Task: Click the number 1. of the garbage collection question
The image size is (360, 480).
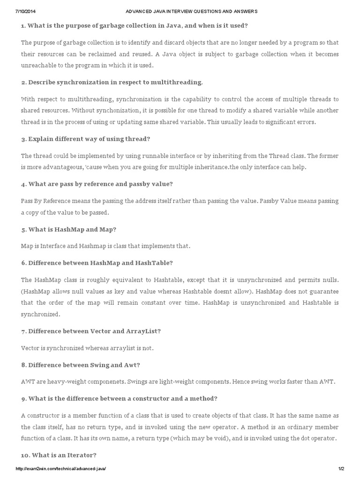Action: click(24, 25)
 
